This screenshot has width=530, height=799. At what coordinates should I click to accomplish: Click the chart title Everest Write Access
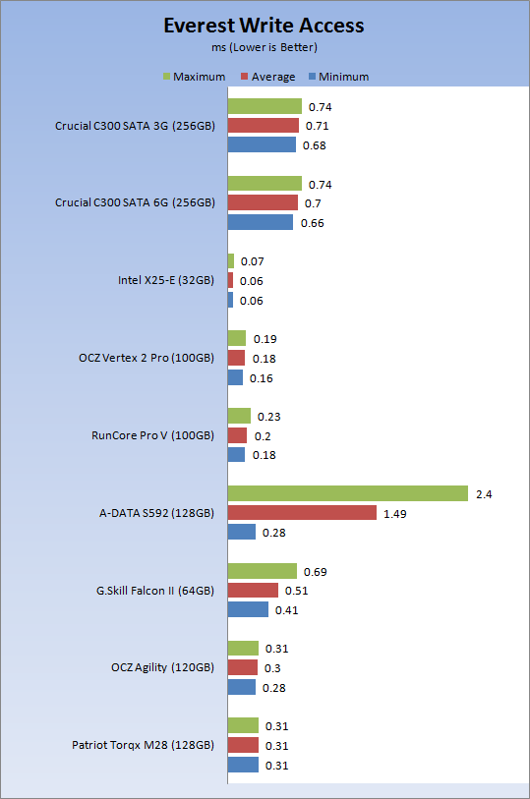[x=264, y=26]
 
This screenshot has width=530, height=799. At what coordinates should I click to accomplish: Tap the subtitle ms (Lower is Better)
[x=265, y=47]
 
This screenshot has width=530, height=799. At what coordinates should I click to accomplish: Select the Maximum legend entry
[x=194, y=77]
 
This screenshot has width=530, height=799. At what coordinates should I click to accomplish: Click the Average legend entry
[x=267, y=77]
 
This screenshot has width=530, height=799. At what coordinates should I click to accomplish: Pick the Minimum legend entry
[x=339, y=77]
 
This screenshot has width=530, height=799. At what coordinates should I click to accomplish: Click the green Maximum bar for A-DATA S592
[x=347, y=493]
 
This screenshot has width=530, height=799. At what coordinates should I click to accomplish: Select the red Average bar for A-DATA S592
[x=302, y=513]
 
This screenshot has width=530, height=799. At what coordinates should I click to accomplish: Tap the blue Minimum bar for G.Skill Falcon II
[x=248, y=609]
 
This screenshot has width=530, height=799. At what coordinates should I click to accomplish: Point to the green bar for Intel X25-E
[x=231, y=260]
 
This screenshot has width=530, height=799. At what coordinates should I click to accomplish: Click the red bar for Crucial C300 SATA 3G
[x=263, y=126]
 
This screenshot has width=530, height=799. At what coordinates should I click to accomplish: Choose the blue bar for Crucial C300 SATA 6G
[x=261, y=222]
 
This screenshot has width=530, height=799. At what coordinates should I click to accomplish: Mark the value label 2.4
[x=484, y=494]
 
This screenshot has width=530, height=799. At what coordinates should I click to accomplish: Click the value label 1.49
[x=395, y=514]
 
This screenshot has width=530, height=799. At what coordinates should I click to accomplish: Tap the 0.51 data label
[x=297, y=591]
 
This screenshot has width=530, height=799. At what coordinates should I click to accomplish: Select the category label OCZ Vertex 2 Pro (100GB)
[x=147, y=358]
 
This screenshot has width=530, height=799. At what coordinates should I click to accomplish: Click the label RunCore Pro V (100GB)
[x=152, y=435]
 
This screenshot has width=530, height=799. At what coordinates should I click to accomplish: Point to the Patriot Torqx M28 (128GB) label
[x=143, y=745]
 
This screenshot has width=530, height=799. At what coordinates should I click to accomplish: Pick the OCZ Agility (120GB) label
[x=162, y=667]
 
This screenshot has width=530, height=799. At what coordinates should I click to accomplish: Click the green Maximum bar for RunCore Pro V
[x=239, y=416]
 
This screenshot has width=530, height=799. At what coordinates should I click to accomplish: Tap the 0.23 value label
[x=269, y=417]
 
